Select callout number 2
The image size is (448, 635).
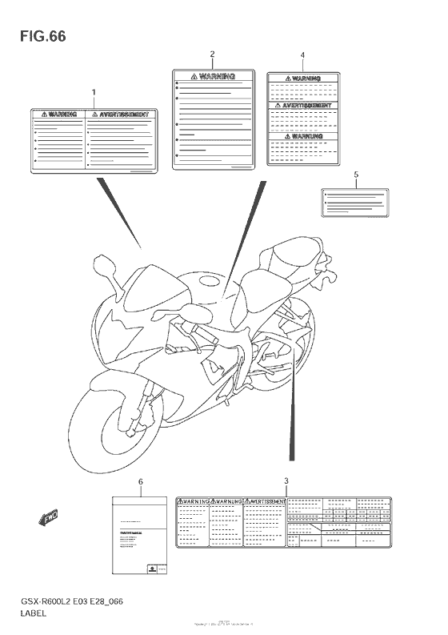pyautogui.click(x=212, y=54)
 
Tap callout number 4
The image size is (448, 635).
pyautogui.click(x=302, y=55)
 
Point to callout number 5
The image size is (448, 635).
pyautogui.click(x=356, y=174)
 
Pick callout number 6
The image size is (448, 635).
pyautogui.click(x=141, y=481)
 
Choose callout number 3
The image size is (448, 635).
pyautogui.click(x=286, y=480)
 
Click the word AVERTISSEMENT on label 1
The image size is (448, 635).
pyautogui.click(x=122, y=115)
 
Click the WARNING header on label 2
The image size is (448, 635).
pyautogui.click(x=212, y=78)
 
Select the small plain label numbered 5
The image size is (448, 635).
pyautogui.click(x=355, y=203)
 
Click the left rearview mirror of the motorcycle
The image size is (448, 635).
pyautogui.click(x=105, y=264)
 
